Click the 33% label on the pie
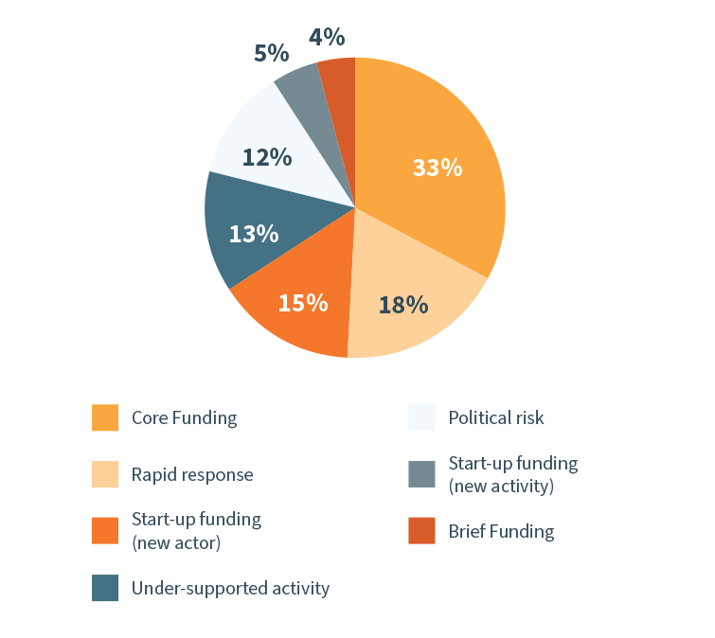(x=437, y=168)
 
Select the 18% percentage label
(x=403, y=305)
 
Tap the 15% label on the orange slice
(x=302, y=303)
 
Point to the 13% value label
(x=254, y=233)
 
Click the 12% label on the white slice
(x=267, y=156)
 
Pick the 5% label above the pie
(x=271, y=53)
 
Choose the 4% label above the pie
(x=326, y=38)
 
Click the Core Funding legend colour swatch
(x=105, y=417)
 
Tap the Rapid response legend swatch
(x=105, y=474)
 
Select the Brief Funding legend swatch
(x=421, y=531)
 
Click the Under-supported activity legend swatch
(x=105, y=588)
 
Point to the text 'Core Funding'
(x=184, y=417)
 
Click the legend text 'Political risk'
(x=496, y=417)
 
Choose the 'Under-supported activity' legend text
(x=230, y=588)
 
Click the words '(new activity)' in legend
(x=500, y=486)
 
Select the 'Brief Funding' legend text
(x=501, y=531)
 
